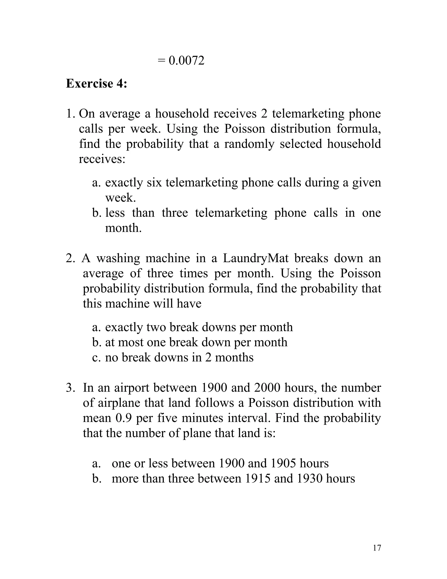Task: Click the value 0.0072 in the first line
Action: pos(186,61)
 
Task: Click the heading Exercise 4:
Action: pos(96,83)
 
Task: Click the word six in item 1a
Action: pos(154,182)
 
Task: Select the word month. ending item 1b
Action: pos(123,228)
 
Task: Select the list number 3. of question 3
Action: pos(70,388)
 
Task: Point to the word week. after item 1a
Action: pos(120,198)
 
